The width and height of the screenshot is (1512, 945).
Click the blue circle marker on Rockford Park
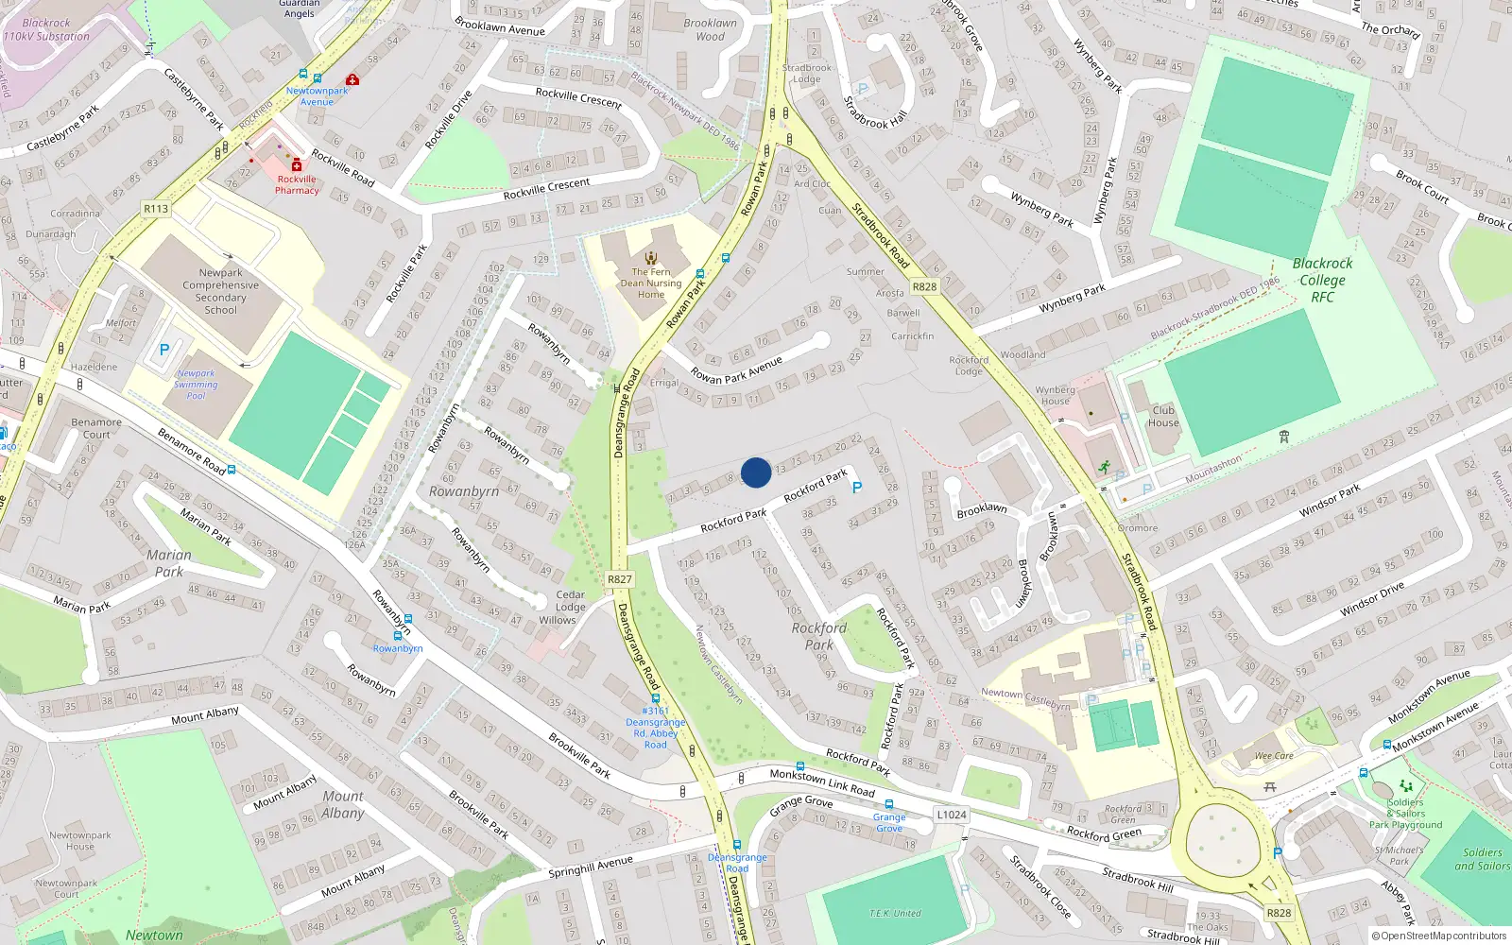[756, 472]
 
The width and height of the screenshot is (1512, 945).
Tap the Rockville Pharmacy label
[297, 184]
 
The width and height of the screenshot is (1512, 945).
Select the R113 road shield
[156, 209]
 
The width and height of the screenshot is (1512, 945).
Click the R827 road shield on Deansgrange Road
[620, 579]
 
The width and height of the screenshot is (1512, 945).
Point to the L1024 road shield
[952, 815]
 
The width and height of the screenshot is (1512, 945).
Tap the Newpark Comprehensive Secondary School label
[220, 291]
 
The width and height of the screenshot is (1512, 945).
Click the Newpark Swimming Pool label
[196, 385]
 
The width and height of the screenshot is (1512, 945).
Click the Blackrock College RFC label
[1322, 280]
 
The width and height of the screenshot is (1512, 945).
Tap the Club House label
[1163, 416]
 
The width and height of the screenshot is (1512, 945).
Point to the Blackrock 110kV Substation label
[46, 29]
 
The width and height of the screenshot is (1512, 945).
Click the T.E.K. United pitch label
[895, 913]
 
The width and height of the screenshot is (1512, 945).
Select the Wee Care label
[1274, 756]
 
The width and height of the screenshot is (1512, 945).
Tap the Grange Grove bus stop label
[888, 822]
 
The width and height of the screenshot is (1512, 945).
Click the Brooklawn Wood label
[710, 29]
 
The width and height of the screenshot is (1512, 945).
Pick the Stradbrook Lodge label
[807, 73]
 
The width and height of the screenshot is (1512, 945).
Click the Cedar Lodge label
[570, 601]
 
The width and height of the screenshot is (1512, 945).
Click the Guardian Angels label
[299, 9]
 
